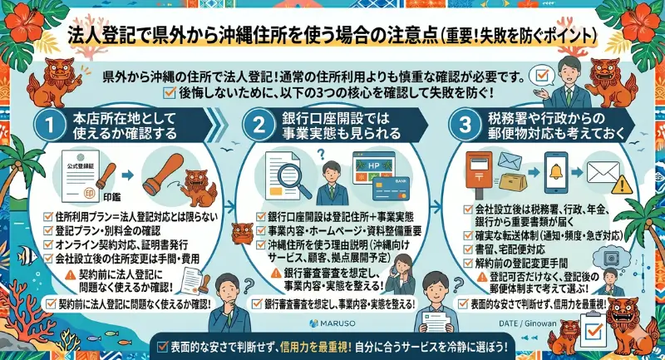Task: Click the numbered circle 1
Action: (x=51, y=126)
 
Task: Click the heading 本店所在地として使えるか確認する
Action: (x=135, y=126)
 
